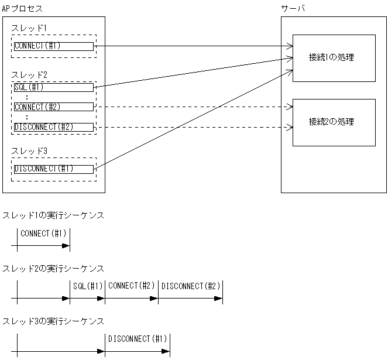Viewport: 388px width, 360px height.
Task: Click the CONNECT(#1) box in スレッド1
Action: (x=53, y=46)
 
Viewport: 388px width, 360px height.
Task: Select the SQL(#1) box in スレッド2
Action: (x=53, y=87)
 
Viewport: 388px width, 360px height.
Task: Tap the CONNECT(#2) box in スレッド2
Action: (x=53, y=107)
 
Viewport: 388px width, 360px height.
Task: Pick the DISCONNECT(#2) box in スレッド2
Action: (x=53, y=127)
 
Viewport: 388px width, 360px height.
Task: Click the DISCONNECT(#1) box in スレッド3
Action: (x=53, y=169)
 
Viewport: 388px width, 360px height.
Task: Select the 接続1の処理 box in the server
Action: (x=334, y=58)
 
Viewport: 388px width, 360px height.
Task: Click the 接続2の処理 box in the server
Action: (x=334, y=122)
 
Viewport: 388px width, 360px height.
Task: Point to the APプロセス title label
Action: (x=22, y=9)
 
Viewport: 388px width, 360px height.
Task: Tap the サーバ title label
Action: (x=293, y=9)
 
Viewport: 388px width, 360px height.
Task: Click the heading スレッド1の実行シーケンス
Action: (x=53, y=215)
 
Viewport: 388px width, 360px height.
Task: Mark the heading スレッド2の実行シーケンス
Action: (x=53, y=268)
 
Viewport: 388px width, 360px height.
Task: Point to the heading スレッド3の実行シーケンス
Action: (x=53, y=321)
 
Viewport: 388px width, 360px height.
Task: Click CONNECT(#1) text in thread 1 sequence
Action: (x=44, y=234)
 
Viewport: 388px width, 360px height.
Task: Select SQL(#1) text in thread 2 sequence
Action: (x=88, y=286)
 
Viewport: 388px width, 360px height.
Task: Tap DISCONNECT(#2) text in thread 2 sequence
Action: (x=190, y=286)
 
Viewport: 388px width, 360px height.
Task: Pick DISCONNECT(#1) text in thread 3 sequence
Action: (x=138, y=339)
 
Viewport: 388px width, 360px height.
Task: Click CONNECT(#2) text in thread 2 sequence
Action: (x=132, y=286)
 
